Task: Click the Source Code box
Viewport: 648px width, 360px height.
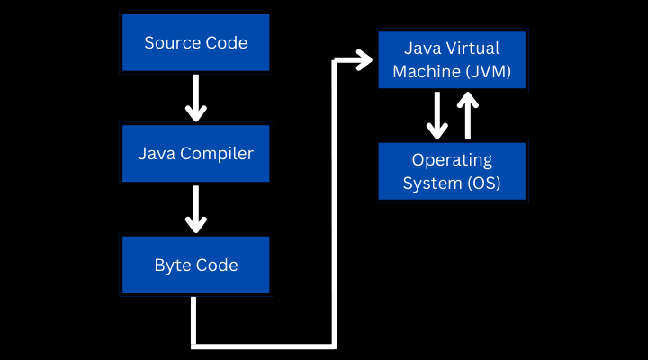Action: [195, 42]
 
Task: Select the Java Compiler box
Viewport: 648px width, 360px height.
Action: [195, 154]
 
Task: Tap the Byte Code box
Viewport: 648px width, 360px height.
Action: [195, 265]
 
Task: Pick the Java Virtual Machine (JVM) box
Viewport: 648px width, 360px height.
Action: [452, 59]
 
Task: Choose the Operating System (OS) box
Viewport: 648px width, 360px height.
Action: [452, 172]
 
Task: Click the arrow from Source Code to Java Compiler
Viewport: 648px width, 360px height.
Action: [195, 98]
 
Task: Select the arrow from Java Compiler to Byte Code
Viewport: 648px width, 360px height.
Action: [195, 210]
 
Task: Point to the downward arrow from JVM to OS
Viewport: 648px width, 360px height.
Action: [437, 115]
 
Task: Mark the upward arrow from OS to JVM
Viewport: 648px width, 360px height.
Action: [467, 115]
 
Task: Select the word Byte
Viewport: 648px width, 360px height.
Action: [171, 265]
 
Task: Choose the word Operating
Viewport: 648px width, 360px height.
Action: [452, 160]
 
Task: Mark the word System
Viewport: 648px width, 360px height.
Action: [431, 184]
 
